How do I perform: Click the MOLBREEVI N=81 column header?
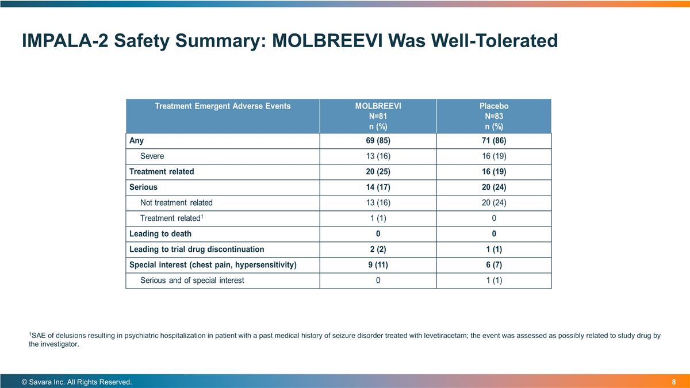pyautogui.click(x=378, y=116)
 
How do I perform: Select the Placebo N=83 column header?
pyautogui.click(x=494, y=116)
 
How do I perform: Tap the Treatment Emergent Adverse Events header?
pyautogui.click(x=223, y=106)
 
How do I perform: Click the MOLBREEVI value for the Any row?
pyautogui.click(x=378, y=141)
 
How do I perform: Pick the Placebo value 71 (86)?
pyautogui.click(x=494, y=141)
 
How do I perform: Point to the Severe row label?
pyautogui.click(x=152, y=156)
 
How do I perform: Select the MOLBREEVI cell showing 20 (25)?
pyautogui.click(x=378, y=172)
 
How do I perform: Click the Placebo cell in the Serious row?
pyautogui.click(x=494, y=187)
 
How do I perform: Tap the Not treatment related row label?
pyautogui.click(x=177, y=203)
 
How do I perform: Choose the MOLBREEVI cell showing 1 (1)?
pyautogui.click(x=378, y=218)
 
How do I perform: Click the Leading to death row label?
pyautogui.click(x=160, y=234)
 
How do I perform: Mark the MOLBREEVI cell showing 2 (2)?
pyautogui.click(x=378, y=249)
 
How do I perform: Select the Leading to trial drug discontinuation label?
pyautogui.click(x=197, y=249)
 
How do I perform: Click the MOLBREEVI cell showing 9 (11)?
pyautogui.click(x=378, y=265)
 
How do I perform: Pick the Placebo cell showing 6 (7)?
pyautogui.click(x=494, y=265)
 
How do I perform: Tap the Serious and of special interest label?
pyautogui.click(x=192, y=281)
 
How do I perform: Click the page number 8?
pyautogui.click(x=673, y=382)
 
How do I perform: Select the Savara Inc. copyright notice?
pyautogui.click(x=76, y=382)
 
